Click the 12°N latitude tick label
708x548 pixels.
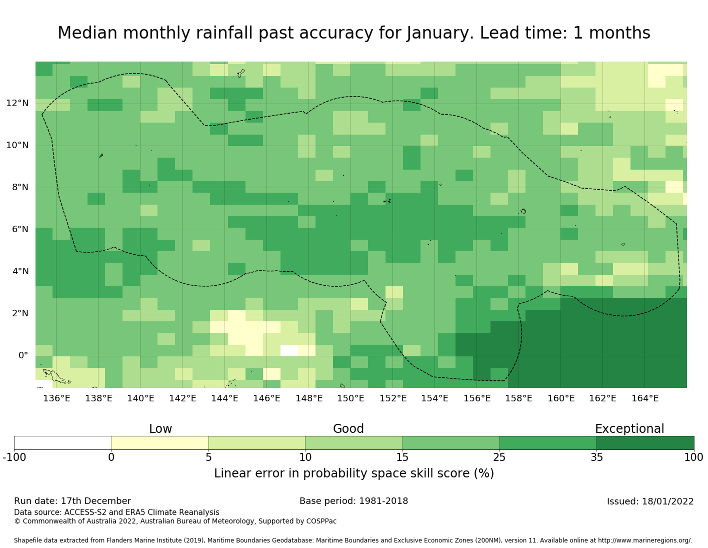pyautogui.click(x=17, y=103)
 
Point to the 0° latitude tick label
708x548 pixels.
pyautogui.click(x=23, y=356)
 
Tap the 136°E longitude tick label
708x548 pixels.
pyautogui.click(x=56, y=398)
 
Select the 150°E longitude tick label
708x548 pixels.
pyautogui.click(x=350, y=398)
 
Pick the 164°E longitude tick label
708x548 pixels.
pyautogui.click(x=645, y=398)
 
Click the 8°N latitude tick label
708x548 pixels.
pyautogui.click(x=17, y=188)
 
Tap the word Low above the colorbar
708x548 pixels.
pyautogui.click(x=160, y=429)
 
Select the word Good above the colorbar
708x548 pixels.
pyautogui.click(x=348, y=429)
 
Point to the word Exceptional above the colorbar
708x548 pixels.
pyautogui.click(x=629, y=429)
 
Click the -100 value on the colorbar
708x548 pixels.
pyautogui.click(x=14, y=457)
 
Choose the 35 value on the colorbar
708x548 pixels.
pyautogui.click(x=596, y=457)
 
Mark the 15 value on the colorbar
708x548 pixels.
pyautogui.click(x=402, y=457)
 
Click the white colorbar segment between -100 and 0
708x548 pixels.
pyautogui.click(x=62, y=443)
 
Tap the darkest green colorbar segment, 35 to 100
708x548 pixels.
pyautogui.click(x=645, y=443)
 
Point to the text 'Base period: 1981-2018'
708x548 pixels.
pyautogui.click(x=353, y=501)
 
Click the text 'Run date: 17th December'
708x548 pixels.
pyautogui.click(x=72, y=501)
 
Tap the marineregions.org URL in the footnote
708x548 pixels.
pyautogui.click(x=645, y=540)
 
